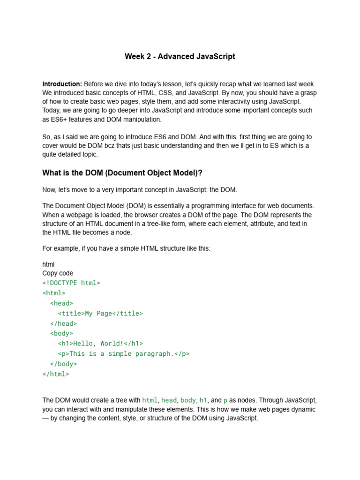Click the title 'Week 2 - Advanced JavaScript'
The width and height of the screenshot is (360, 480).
[180, 57]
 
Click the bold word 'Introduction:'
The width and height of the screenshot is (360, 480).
[62, 84]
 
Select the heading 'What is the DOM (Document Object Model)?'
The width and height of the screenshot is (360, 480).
[122, 173]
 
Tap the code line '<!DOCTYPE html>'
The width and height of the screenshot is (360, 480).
[71, 283]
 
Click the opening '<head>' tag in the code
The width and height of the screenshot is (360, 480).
[61, 303]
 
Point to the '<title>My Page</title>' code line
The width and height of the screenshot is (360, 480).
[100, 314]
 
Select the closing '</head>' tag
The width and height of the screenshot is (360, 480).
[63, 323]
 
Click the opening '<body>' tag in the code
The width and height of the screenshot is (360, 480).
[61, 334]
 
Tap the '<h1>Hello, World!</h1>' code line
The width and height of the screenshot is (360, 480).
[100, 344]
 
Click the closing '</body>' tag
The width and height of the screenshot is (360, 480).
[63, 364]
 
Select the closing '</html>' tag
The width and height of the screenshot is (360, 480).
[56, 374]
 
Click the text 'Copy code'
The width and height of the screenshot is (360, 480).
[58, 273]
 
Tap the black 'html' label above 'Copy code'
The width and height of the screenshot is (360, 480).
[48, 264]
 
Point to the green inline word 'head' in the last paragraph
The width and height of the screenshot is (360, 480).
[169, 400]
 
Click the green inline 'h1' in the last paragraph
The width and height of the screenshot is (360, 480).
[203, 400]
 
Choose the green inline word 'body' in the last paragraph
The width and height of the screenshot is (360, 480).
[188, 400]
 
